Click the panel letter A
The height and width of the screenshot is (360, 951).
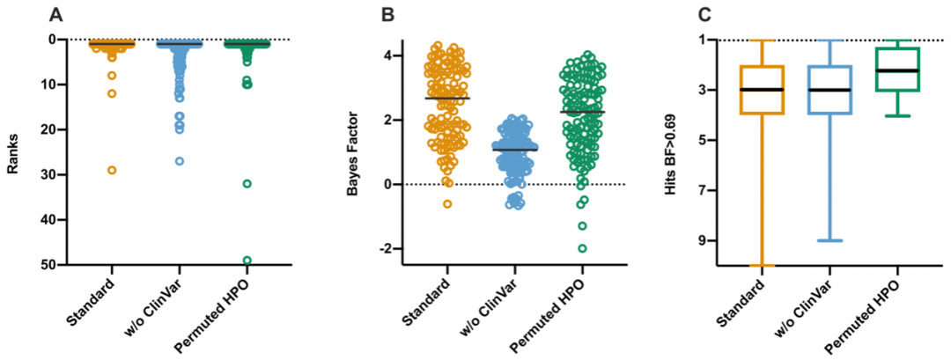[56, 14]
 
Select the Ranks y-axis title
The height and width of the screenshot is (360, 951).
[13, 151]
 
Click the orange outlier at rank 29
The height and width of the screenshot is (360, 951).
[112, 170]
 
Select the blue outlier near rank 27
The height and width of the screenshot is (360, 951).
[180, 161]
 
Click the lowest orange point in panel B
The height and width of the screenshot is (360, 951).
[447, 203]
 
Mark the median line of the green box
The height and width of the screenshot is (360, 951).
[896, 70]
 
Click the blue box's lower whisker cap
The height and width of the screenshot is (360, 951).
[829, 240]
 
